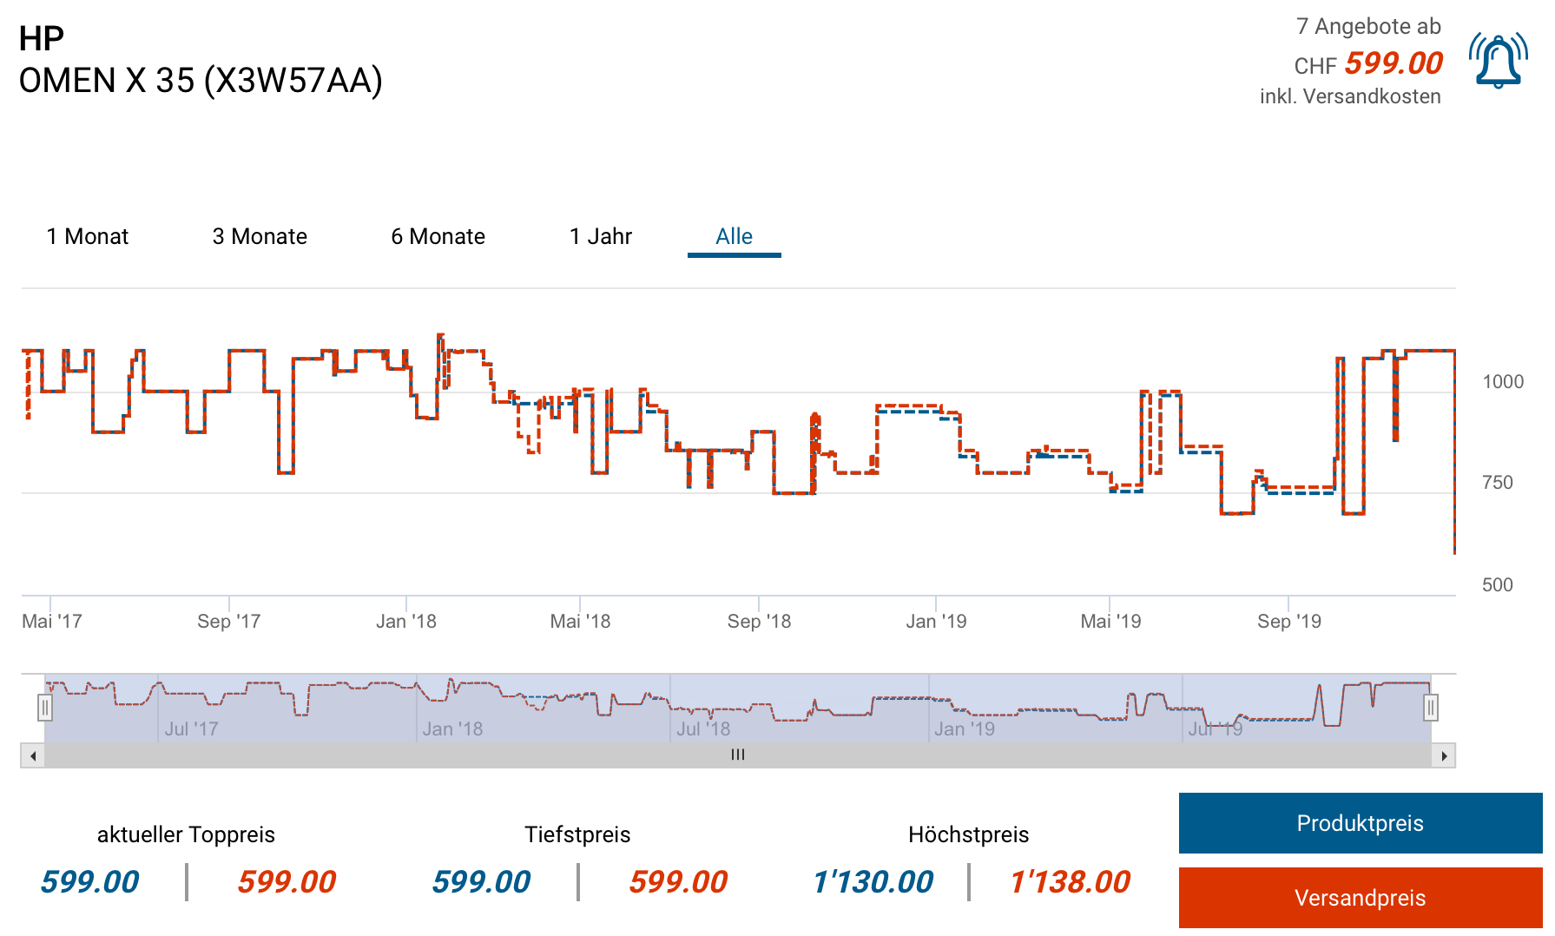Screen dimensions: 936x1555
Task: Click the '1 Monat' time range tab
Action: pyautogui.click(x=88, y=236)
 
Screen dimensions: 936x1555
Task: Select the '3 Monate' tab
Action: pyautogui.click(x=260, y=236)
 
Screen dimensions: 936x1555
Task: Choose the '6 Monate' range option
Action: pyautogui.click(x=438, y=236)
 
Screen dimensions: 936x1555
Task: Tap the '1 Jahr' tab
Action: pyautogui.click(x=601, y=236)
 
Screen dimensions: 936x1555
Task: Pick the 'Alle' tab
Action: pyautogui.click(x=734, y=236)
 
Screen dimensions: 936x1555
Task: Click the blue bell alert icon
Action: pyautogui.click(x=1498, y=61)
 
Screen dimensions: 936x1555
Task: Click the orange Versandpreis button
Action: pyautogui.click(x=1360, y=898)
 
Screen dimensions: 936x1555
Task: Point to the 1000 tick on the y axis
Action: pyautogui.click(x=1503, y=382)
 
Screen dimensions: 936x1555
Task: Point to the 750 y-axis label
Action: pyautogui.click(x=1497, y=483)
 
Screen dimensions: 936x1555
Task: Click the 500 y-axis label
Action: pyautogui.click(x=1497, y=585)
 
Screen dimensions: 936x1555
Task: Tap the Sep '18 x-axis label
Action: pyautogui.click(x=759, y=622)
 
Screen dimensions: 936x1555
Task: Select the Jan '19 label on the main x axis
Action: pyautogui.click(x=936, y=622)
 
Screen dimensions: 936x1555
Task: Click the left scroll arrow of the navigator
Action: pyautogui.click(x=33, y=755)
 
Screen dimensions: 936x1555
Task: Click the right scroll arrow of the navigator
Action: pyautogui.click(x=1444, y=755)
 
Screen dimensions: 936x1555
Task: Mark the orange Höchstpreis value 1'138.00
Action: pyautogui.click(x=1070, y=882)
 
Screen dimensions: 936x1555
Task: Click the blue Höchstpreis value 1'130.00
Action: pyautogui.click(x=873, y=882)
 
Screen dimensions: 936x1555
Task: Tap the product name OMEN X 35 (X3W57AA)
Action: pyautogui.click(x=201, y=81)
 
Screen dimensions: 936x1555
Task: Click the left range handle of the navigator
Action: pyautogui.click(x=45, y=708)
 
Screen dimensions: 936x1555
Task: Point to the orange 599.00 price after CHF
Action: pyautogui.click(x=1394, y=63)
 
